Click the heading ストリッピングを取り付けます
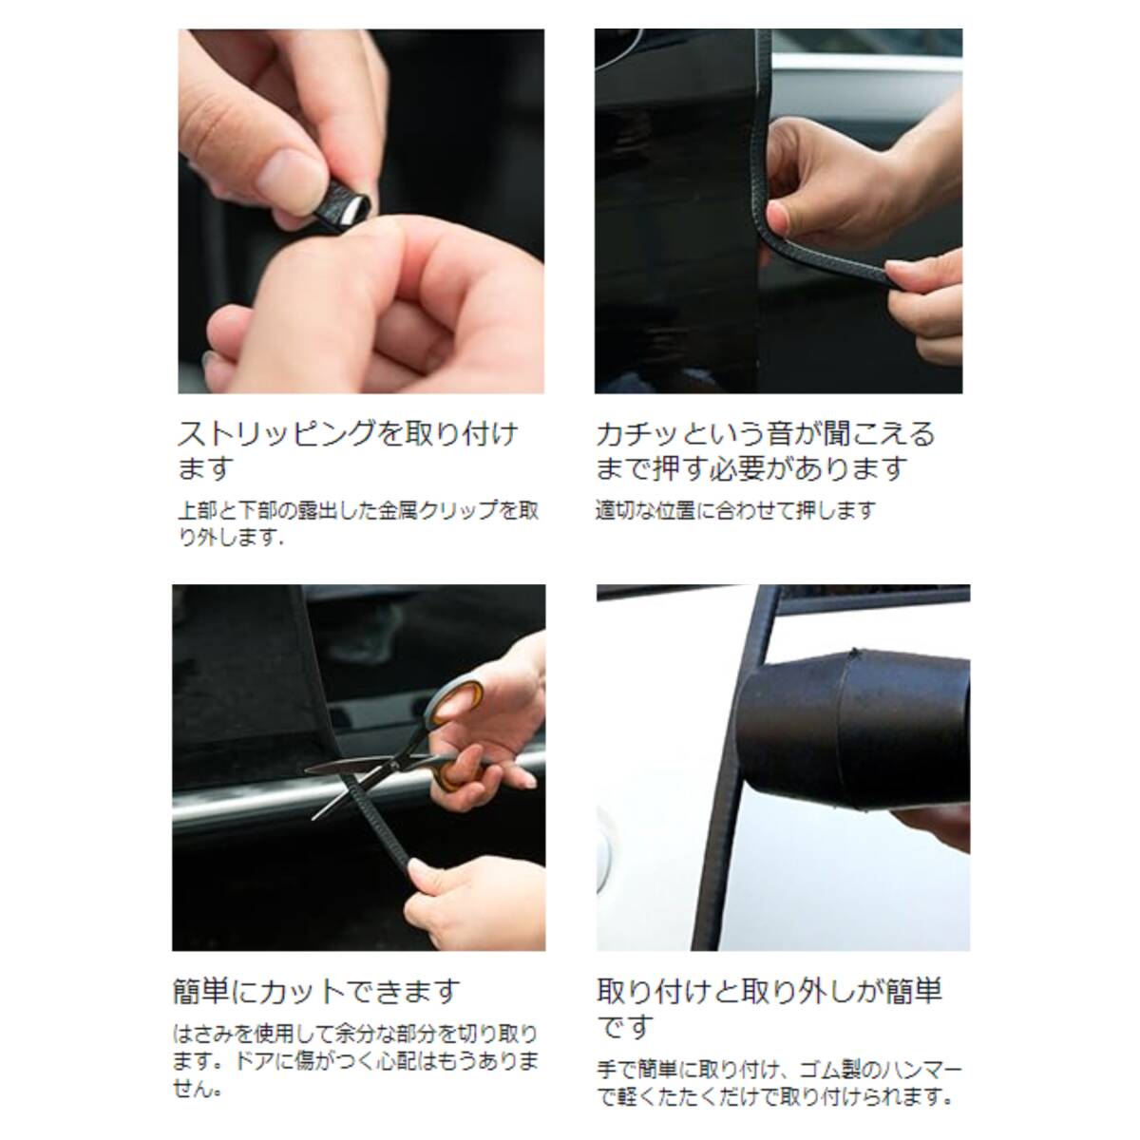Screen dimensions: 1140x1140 [x=348, y=450]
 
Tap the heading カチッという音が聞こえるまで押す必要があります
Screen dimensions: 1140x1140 [x=765, y=450]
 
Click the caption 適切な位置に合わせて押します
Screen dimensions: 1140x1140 [x=734, y=510]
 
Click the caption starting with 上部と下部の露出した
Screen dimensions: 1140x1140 [x=358, y=523]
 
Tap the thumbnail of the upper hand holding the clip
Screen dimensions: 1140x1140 [x=288, y=172]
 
